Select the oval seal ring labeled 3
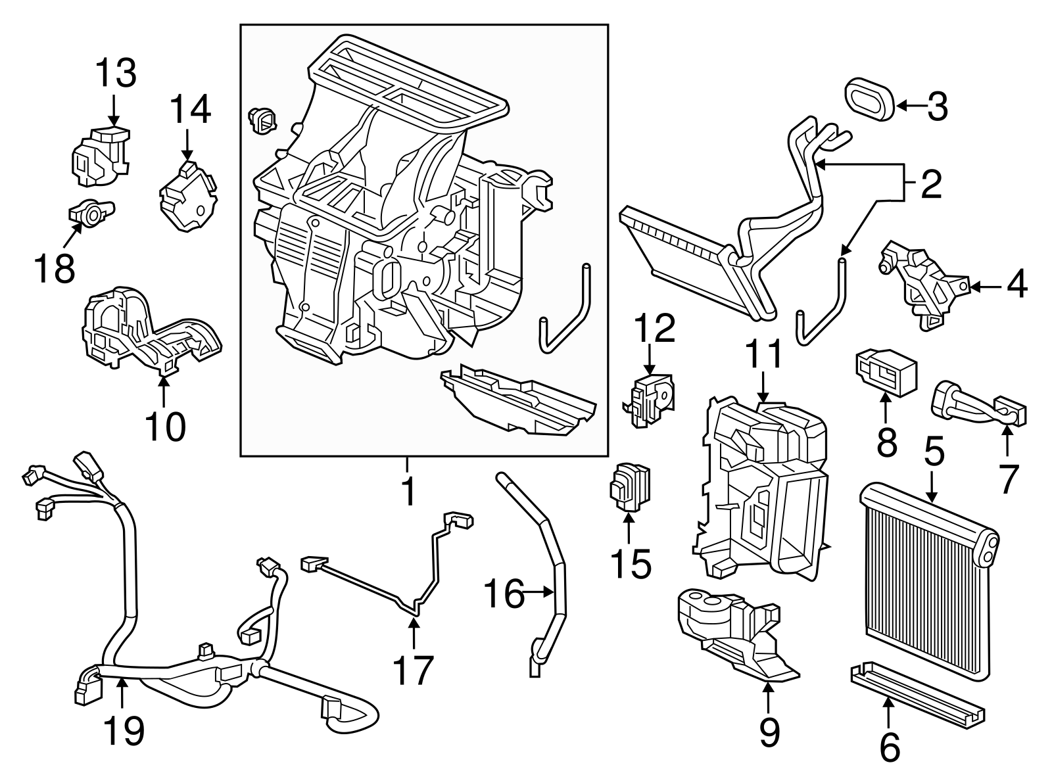pyautogui.click(x=869, y=101)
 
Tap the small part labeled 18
pyautogui.click(x=90, y=212)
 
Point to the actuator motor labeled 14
pyautogui.click(x=188, y=196)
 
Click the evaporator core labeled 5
pyautogui.click(x=927, y=582)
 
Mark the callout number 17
pyautogui.click(x=413, y=670)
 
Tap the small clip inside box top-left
pyautogui.click(x=262, y=121)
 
